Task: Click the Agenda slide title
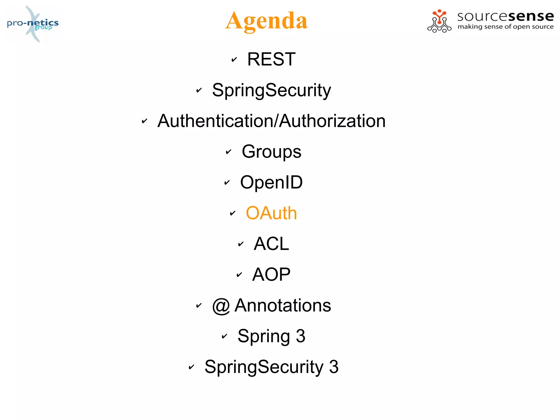tap(267, 21)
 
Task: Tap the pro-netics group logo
tap(33, 24)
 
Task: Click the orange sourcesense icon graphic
tap(439, 21)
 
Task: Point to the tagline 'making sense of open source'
tap(505, 27)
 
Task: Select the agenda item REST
tap(271, 59)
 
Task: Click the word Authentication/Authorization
tap(271, 121)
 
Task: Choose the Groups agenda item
tap(271, 152)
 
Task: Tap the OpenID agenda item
tap(271, 182)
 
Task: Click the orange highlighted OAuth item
tap(271, 213)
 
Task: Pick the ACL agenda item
tap(271, 244)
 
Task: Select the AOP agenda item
tap(271, 274)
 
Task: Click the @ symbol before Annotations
tap(221, 306)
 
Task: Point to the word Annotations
tap(283, 305)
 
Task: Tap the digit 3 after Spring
tap(301, 336)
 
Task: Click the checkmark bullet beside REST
tap(234, 59)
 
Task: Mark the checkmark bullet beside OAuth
tap(233, 213)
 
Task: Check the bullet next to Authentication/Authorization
tap(144, 121)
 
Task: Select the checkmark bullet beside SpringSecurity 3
tap(191, 367)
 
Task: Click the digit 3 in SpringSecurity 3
tap(334, 367)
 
